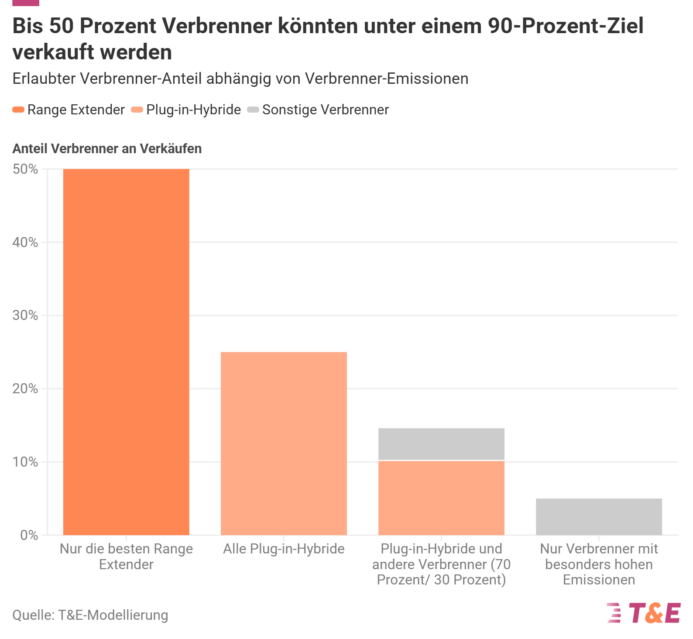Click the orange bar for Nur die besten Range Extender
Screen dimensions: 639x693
(x=126, y=352)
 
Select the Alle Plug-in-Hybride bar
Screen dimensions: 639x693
(x=284, y=443)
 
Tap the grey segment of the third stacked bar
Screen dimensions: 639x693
(x=441, y=444)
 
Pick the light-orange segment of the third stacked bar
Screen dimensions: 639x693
(x=441, y=498)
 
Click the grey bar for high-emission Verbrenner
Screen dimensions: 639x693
(x=599, y=517)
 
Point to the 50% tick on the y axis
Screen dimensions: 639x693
(x=25, y=169)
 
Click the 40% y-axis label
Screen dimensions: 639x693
(x=25, y=242)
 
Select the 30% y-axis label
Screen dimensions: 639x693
(x=25, y=315)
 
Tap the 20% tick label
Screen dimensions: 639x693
(x=25, y=388)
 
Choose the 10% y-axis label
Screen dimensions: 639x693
(x=25, y=462)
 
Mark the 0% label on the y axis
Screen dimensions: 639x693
(x=29, y=535)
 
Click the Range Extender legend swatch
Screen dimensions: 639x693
(x=18, y=110)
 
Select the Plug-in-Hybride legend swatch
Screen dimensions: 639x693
(x=137, y=110)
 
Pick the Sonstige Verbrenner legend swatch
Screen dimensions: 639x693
(x=253, y=110)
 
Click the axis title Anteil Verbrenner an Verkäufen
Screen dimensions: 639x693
(x=107, y=149)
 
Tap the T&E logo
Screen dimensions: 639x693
(x=644, y=613)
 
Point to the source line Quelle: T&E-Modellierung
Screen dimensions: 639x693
(x=90, y=615)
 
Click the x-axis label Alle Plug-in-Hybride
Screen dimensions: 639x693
(x=284, y=549)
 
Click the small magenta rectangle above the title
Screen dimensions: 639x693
(x=26, y=3)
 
